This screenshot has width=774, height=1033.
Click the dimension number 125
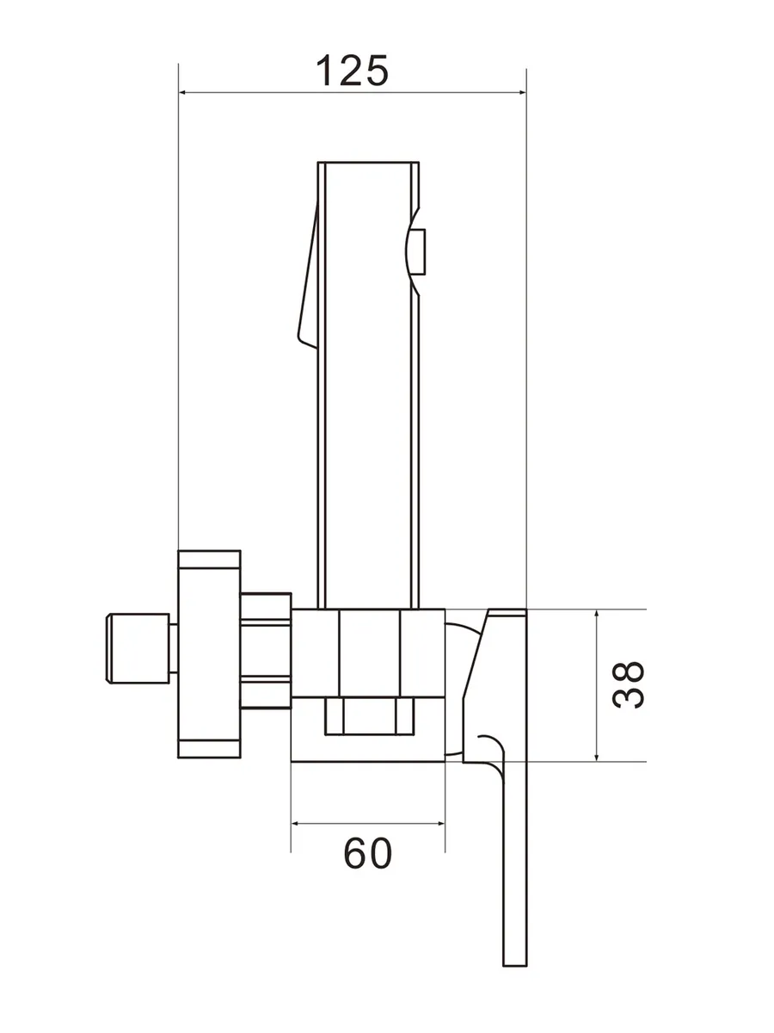[x=352, y=71]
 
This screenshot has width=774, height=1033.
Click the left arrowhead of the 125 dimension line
[x=185, y=93]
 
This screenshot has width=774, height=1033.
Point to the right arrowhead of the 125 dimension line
[x=520, y=93]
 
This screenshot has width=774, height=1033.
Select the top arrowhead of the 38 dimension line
[x=596, y=615]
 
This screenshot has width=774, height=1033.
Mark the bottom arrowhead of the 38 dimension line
[x=596, y=755]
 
